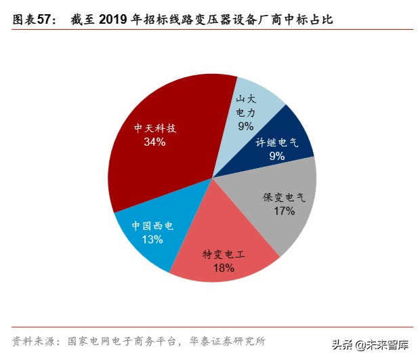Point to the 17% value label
285,212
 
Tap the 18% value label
224,268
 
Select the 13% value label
152,239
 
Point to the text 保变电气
285,198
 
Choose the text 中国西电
152,226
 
